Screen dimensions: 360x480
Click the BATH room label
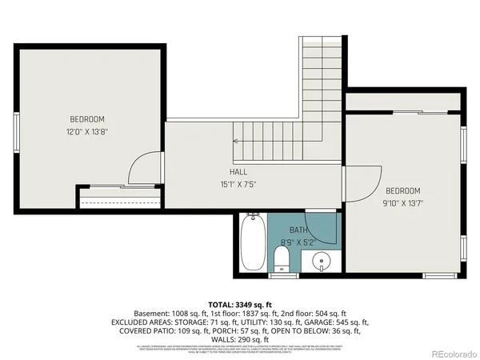click(298, 230)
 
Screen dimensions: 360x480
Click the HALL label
click(238, 171)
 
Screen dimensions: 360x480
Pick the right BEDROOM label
click(402, 190)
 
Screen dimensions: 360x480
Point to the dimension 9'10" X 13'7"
click(402, 203)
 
